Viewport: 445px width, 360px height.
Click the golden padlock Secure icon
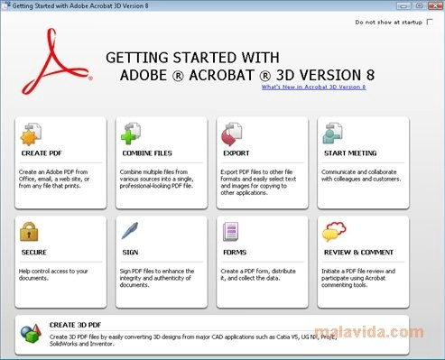[x=31, y=233]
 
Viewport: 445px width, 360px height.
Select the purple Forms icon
[x=231, y=233]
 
